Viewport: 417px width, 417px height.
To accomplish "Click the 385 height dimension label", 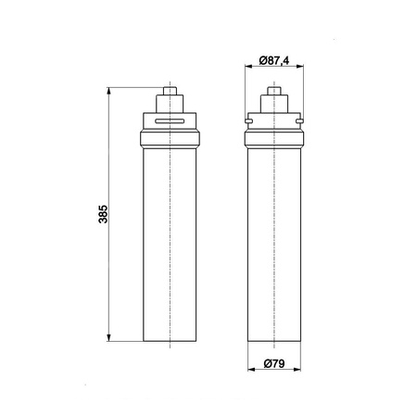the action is [x=103, y=214].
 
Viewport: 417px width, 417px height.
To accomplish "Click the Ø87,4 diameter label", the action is [x=274, y=60].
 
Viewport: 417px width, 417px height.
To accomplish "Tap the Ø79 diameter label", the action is [x=274, y=363].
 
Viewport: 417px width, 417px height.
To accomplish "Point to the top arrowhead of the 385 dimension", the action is [x=108, y=92].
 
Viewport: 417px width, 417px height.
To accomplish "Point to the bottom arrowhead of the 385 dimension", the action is [x=108, y=337].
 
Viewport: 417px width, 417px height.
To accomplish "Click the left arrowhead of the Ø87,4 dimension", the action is [x=248, y=66].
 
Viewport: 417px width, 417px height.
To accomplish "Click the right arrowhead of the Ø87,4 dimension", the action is [x=299, y=66].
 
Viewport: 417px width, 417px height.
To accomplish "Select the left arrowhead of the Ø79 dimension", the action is [x=252, y=369].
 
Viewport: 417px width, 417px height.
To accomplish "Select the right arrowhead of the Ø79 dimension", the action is [x=297, y=369].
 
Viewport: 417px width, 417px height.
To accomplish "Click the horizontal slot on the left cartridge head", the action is [x=170, y=121].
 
